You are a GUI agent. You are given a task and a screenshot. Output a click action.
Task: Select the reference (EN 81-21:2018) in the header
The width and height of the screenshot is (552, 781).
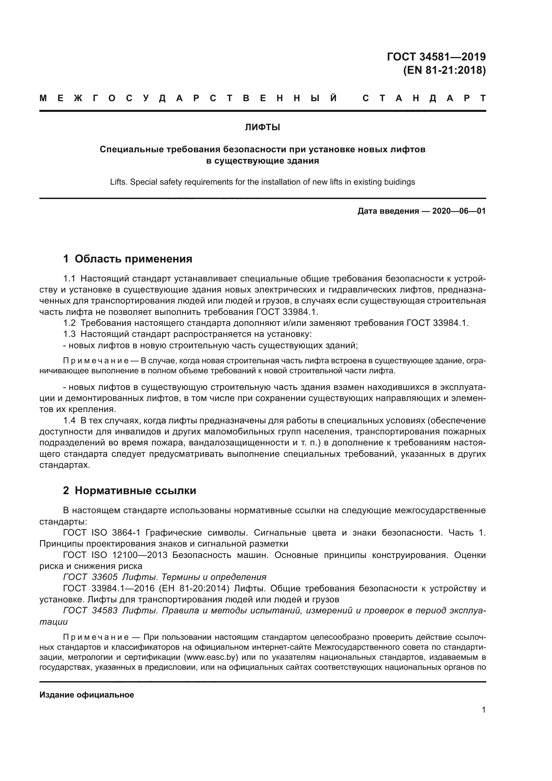point(444,70)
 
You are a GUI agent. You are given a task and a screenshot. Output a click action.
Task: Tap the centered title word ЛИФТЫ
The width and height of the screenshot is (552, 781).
point(262,128)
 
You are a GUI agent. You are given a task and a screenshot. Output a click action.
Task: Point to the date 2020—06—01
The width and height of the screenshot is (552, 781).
point(459,211)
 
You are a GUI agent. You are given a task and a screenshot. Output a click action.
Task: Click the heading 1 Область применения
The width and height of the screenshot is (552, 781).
point(127,259)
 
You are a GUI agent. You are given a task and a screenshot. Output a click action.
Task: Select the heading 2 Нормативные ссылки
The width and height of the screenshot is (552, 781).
point(129,491)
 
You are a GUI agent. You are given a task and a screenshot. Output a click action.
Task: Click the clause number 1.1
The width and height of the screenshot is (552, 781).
point(69,279)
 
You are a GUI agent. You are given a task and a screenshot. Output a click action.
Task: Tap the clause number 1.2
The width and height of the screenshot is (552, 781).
point(69,323)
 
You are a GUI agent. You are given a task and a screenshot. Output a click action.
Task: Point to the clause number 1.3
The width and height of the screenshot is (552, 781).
point(69,334)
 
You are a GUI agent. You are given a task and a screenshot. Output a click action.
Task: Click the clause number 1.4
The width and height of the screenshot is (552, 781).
point(69,420)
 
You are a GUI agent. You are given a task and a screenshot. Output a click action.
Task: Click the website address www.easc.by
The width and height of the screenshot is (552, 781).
point(210,656)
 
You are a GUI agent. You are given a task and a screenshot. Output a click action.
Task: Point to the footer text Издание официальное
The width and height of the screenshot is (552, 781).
point(87,695)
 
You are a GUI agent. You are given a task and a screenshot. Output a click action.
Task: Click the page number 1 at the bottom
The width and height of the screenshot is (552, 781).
point(484,710)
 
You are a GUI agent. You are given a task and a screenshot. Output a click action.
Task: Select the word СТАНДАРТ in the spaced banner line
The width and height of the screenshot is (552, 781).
point(424,99)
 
